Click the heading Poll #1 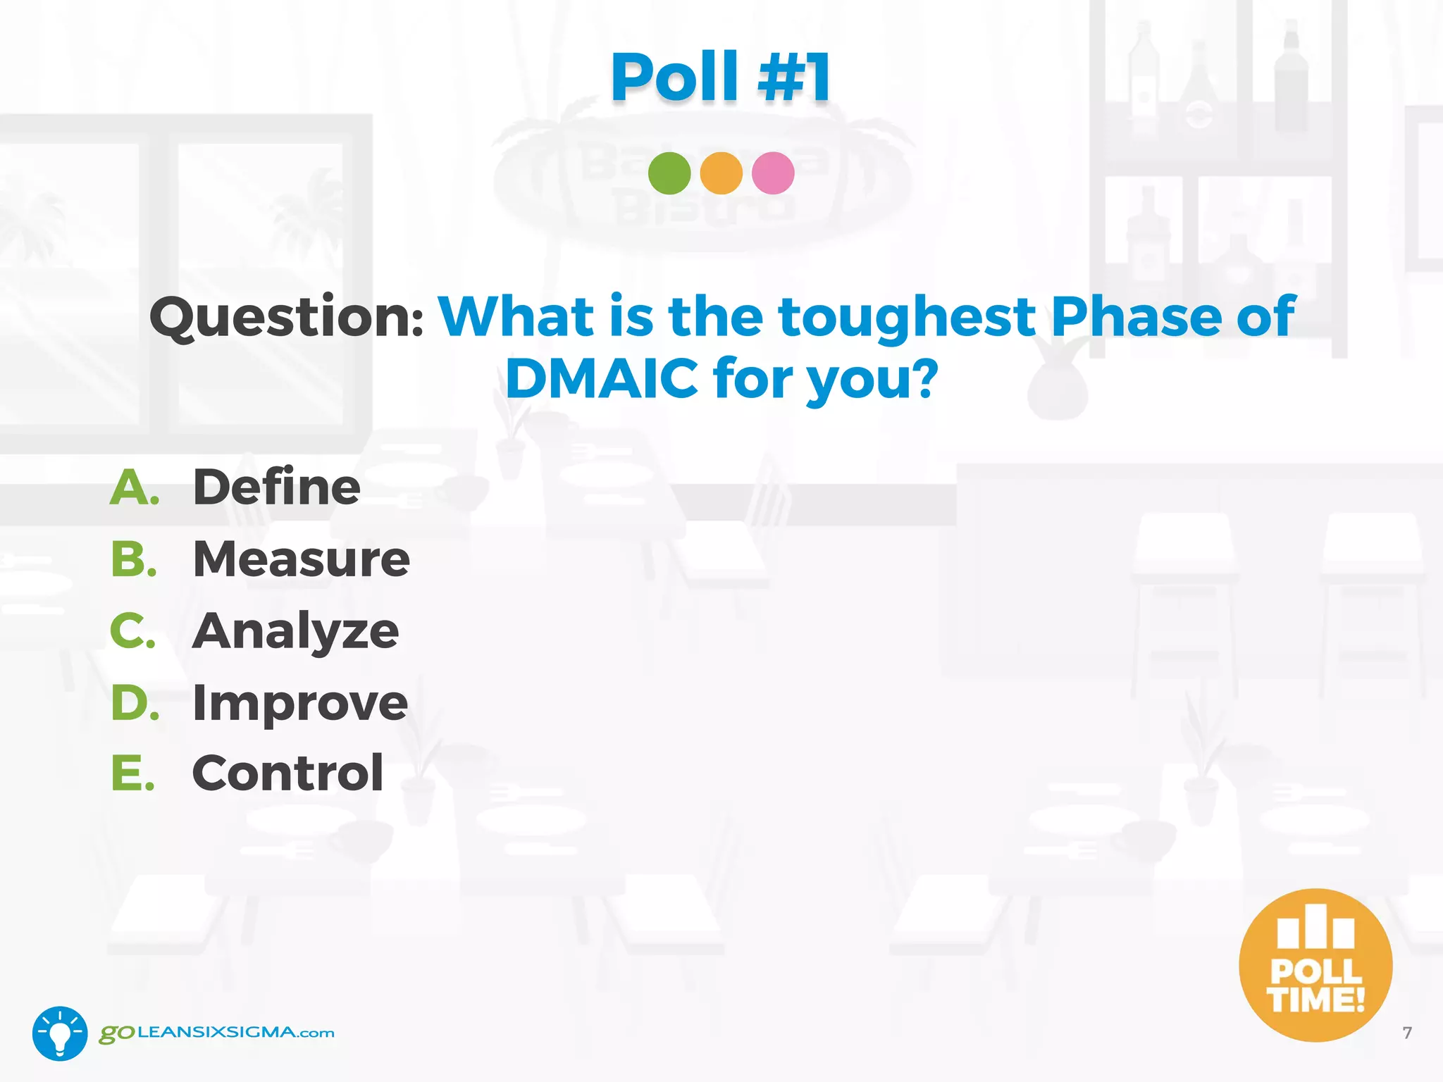coord(721,77)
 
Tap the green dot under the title coord(669,173)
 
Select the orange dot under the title coord(721,173)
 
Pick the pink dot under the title coord(773,173)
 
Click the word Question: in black coord(286,318)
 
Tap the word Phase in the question coord(1135,316)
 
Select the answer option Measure coord(301,559)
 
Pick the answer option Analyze coord(295,632)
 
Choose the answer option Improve coord(299,703)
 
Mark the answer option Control coord(287,773)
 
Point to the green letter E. coord(132,773)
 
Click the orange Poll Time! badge coord(1315,965)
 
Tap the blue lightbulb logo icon coord(60,1033)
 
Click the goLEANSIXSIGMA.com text coord(217,1033)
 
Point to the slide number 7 coord(1407,1033)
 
